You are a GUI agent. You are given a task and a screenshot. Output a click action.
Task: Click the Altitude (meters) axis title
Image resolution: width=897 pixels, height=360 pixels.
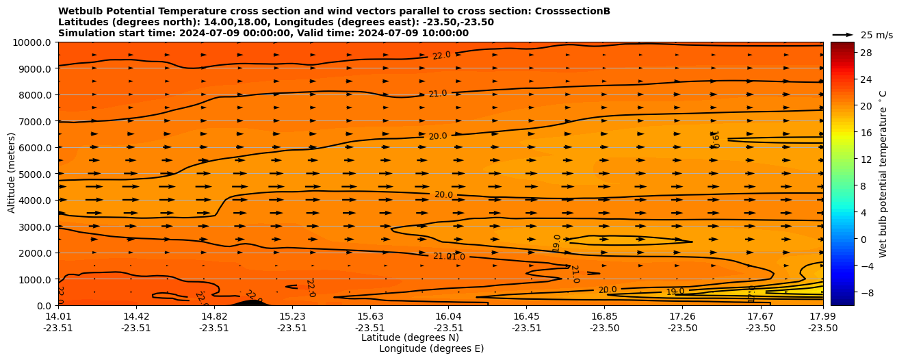click(x=12, y=174)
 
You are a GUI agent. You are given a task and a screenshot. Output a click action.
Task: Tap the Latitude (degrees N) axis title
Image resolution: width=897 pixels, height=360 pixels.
click(x=410, y=337)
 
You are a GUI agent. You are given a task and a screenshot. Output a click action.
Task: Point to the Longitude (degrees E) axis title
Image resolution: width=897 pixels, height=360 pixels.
click(x=431, y=348)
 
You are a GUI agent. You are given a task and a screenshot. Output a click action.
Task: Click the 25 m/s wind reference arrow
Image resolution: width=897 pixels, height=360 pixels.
click(x=843, y=35)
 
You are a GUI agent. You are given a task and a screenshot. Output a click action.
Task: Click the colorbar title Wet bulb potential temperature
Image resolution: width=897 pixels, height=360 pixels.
click(x=883, y=174)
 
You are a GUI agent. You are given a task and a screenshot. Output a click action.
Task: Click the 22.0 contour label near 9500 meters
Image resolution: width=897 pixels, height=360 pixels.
click(x=441, y=55)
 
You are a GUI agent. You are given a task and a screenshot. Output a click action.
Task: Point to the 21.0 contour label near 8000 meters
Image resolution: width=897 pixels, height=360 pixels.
click(x=437, y=94)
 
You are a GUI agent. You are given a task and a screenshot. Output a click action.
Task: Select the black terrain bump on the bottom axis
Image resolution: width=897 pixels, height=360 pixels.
click(x=248, y=302)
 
